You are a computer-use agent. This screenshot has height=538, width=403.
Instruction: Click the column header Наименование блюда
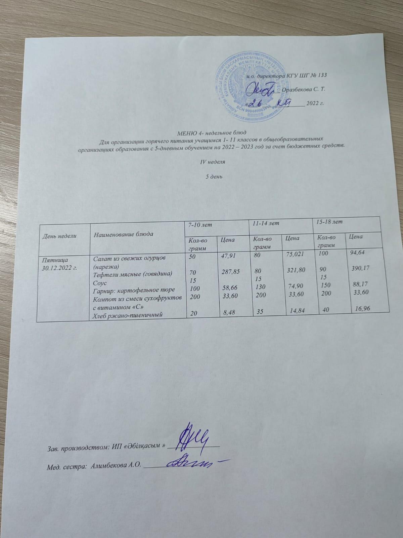tap(123, 234)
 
